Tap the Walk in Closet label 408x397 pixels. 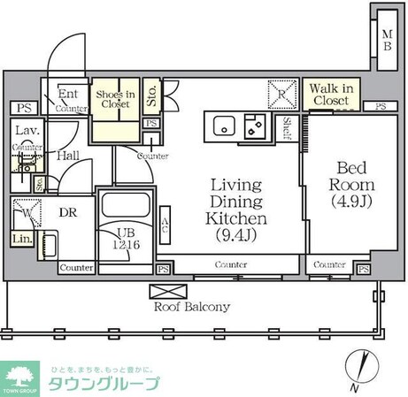[329, 95]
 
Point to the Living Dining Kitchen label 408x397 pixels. [235, 210]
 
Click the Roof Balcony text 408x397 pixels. [194, 307]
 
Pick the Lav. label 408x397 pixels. [25, 131]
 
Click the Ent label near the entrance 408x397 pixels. [67, 93]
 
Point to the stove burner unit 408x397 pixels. [257, 126]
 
